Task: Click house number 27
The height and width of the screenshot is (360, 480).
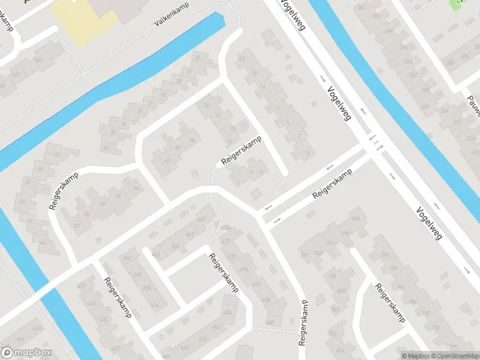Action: [x=189, y=73]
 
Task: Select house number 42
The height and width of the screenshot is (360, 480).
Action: [x=166, y=160]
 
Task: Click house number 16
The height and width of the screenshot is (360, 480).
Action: [x=242, y=59]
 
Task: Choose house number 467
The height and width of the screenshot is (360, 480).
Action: [x=190, y=233]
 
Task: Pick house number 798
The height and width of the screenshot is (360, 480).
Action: [x=331, y=277]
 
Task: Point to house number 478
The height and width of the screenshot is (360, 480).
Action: [x=266, y=300]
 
